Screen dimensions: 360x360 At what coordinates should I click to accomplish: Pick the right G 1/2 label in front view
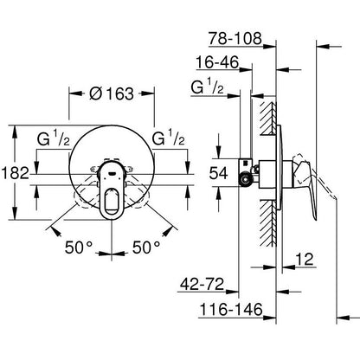click(168, 138)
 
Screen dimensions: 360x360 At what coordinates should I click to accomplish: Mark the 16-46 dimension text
click(219, 63)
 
